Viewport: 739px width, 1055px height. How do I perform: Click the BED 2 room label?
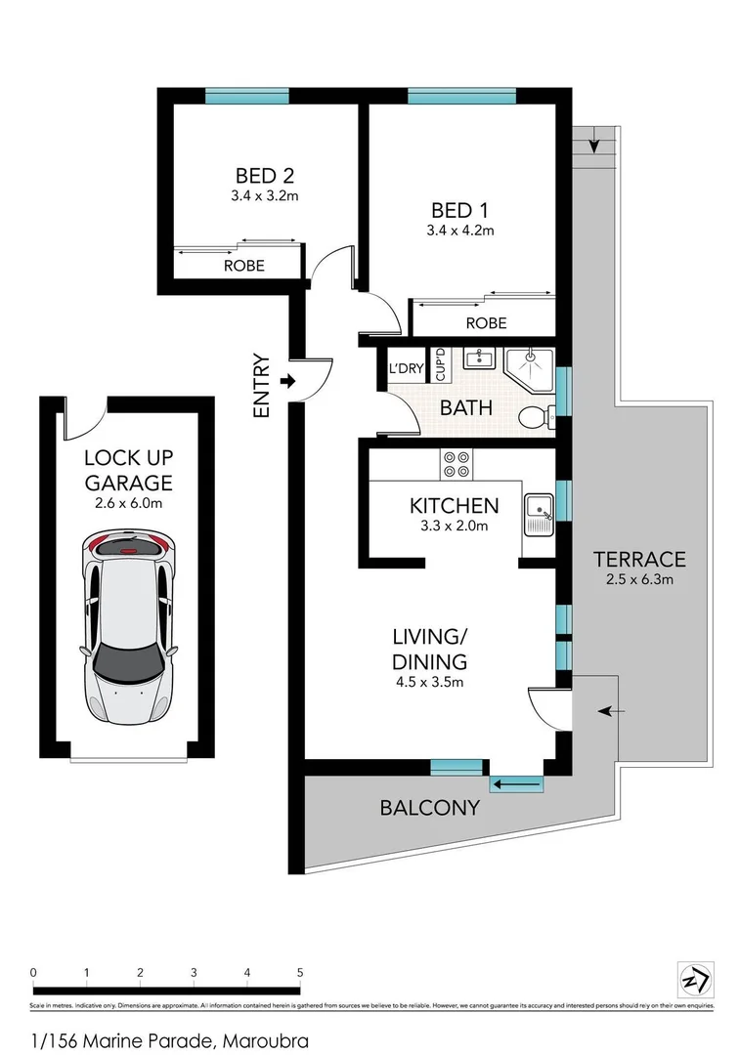[x=265, y=176]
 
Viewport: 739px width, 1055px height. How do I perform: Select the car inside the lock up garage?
[x=128, y=627]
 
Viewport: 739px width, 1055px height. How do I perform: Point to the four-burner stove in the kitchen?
[x=455, y=463]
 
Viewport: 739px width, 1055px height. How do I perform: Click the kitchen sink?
[x=539, y=512]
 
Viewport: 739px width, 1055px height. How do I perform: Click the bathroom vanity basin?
[x=479, y=360]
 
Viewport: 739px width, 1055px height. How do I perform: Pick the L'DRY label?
[x=405, y=369]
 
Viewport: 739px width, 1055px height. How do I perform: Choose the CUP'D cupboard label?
[x=440, y=364]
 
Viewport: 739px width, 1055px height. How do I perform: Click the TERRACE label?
[x=639, y=560]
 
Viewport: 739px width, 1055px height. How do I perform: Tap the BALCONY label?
[x=430, y=808]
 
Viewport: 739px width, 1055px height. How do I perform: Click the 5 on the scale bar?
[x=300, y=973]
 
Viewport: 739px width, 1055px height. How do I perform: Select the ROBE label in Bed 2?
[x=243, y=265]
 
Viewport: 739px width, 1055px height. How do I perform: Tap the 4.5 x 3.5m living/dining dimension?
[x=429, y=682]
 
